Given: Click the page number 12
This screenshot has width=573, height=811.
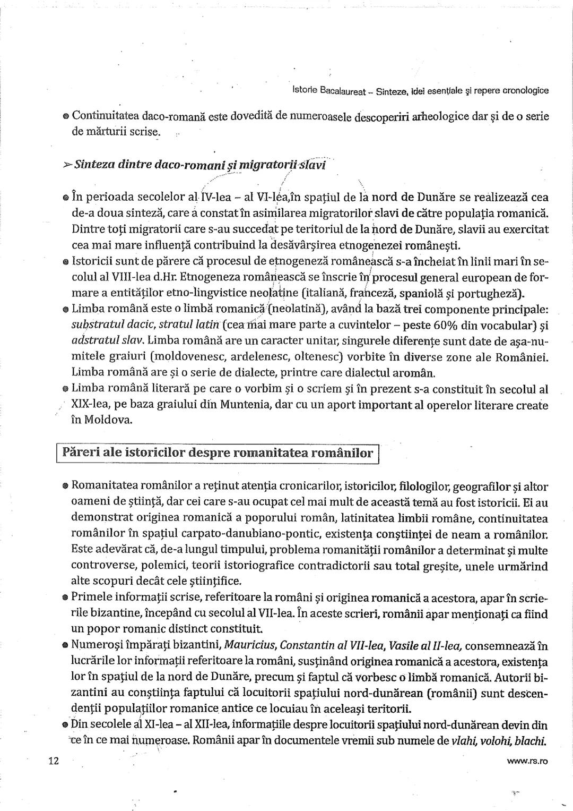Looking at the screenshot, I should (x=53, y=761).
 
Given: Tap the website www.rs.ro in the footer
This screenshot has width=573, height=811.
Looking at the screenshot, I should (x=527, y=762).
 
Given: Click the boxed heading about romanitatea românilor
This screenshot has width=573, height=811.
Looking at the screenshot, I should (x=218, y=453).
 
